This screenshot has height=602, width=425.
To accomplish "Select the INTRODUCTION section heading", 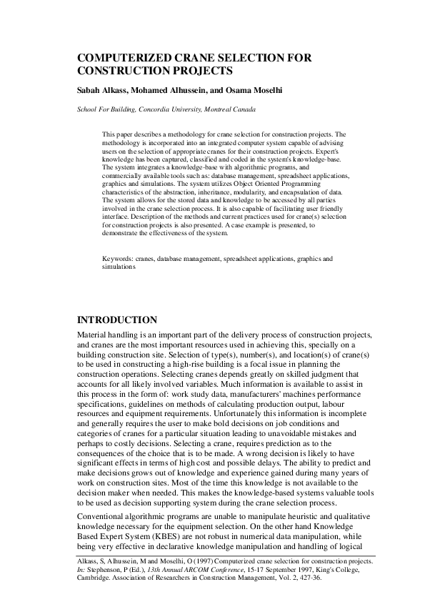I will point(116,320).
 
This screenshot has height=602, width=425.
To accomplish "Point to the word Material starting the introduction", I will point(93,335).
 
